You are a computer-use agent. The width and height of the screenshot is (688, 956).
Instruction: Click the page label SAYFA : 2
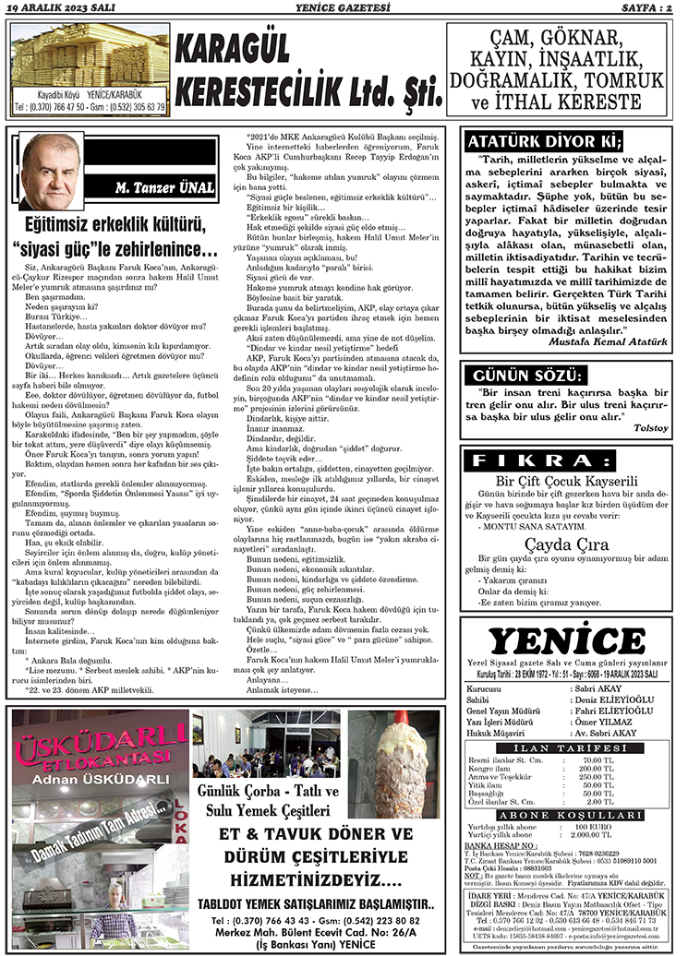click(646, 8)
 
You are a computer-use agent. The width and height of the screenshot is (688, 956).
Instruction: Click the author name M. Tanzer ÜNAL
click(165, 188)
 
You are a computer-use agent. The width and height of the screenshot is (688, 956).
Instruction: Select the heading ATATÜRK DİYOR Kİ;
click(544, 141)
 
